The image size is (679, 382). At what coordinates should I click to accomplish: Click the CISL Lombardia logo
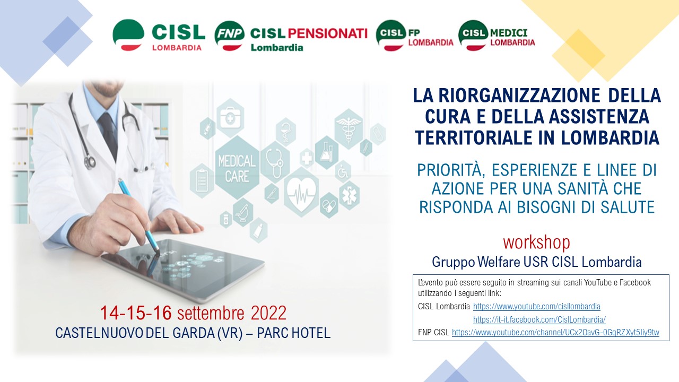tap(159, 35)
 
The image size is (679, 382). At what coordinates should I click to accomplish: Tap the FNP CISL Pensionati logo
tap(291, 36)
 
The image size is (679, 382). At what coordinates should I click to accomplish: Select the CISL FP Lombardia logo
tap(414, 36)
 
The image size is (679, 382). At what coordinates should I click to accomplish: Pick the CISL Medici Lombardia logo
tap(497, 35)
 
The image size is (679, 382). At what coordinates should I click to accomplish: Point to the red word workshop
tap(536, 242)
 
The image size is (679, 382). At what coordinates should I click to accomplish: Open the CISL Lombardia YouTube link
tap(536, 307)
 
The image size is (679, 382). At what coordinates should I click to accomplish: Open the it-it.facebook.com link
tap(539, 319)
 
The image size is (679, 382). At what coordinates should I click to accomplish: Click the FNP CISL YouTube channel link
tap(555, 333)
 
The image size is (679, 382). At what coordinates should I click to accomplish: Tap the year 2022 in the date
tap(268, 313)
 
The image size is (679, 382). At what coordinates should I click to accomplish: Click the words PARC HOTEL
tap(293, 333)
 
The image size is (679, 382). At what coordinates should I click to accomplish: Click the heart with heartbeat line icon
tap(301, 191)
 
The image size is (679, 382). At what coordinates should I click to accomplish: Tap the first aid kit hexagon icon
tap(230, 118)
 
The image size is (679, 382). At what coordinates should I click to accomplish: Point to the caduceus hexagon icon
tap(349, 129)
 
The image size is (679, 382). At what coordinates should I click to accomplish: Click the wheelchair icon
tap(343, 172)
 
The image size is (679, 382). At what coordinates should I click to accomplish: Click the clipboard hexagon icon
tap(202, 181)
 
